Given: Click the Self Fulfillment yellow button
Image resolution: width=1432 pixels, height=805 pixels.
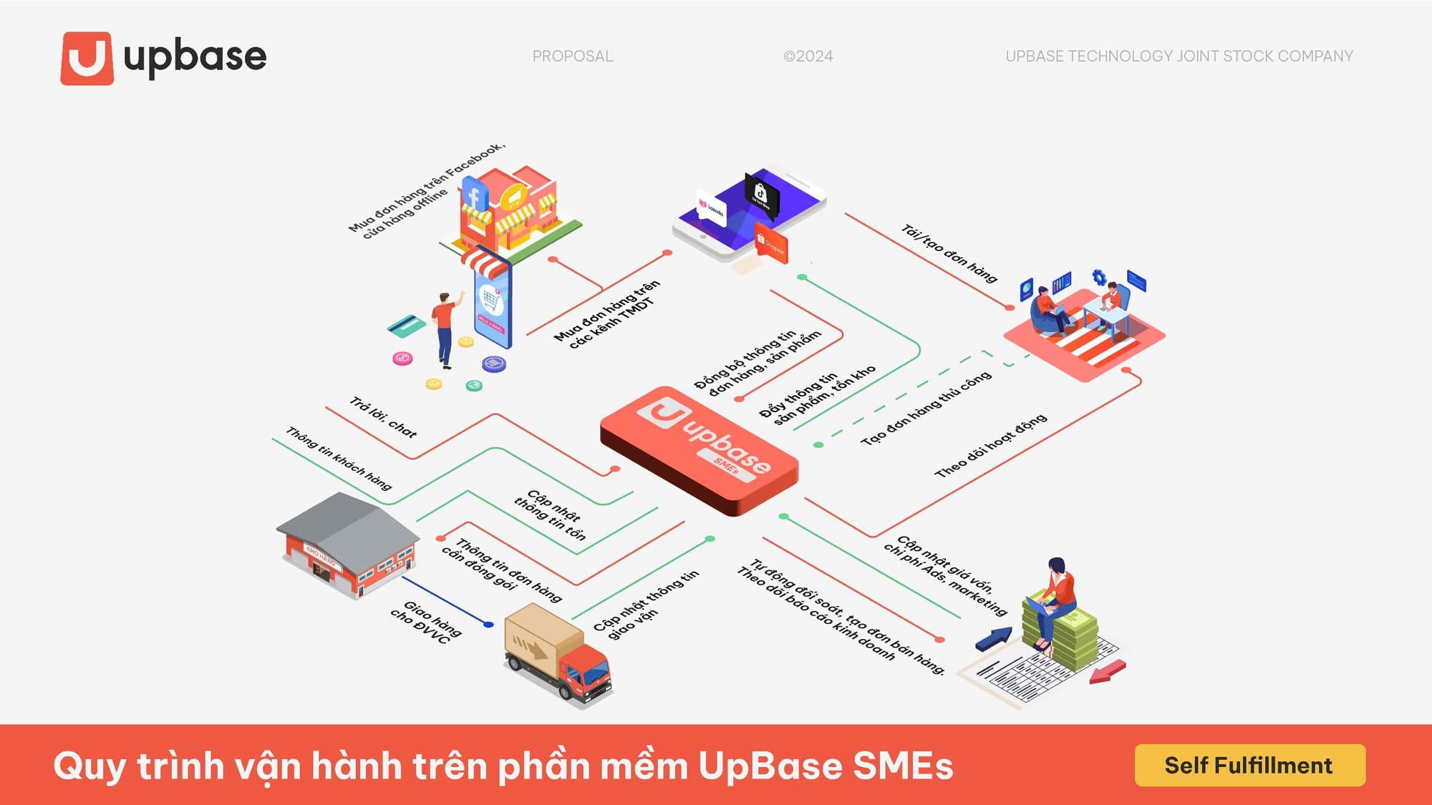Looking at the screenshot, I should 1249,765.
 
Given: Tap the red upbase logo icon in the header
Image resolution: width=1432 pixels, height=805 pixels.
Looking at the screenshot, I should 87,58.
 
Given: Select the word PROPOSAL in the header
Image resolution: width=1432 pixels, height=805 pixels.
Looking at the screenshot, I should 572,56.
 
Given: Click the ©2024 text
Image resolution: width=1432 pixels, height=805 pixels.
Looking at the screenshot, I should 808,56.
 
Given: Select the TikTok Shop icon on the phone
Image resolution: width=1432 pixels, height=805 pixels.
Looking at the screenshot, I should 761,192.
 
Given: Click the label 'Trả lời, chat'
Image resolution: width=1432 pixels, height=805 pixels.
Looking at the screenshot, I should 383,417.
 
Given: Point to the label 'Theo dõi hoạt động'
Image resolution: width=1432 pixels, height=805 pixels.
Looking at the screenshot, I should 990,445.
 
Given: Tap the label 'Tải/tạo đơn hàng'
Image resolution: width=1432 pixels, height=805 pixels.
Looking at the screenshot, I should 949,253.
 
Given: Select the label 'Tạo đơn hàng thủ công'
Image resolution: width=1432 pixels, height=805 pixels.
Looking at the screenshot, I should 926,408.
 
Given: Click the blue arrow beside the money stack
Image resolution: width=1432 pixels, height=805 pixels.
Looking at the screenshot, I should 995,638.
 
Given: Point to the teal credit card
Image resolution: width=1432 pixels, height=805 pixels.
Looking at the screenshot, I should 406,326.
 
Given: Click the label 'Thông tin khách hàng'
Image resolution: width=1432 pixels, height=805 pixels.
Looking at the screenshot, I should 339,459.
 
